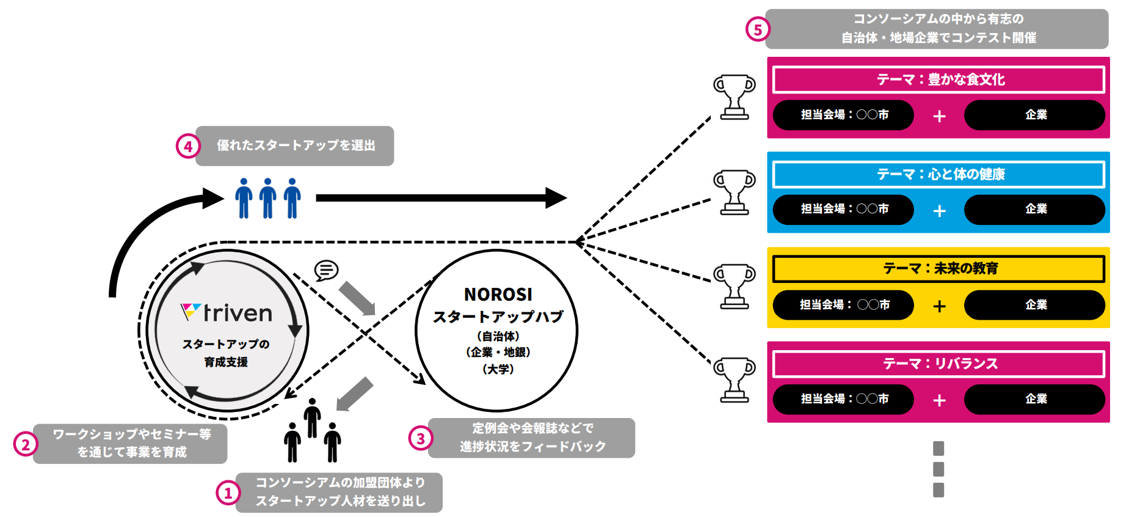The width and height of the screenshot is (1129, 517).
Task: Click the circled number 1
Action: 228,493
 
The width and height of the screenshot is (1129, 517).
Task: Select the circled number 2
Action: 25,444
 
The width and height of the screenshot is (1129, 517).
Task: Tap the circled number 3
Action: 421,438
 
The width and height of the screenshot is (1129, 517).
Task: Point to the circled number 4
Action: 188,146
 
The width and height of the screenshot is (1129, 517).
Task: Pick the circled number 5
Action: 758,29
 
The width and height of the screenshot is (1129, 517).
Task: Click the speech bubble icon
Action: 326,269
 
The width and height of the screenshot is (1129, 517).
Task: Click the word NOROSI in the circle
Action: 498,295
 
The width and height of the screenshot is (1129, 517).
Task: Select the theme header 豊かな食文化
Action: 938,80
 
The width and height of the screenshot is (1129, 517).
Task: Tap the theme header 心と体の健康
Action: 938,175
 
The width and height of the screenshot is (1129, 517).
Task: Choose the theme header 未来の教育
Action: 938,269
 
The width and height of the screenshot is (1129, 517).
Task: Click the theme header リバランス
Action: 938,364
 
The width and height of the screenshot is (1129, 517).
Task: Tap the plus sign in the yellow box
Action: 939,306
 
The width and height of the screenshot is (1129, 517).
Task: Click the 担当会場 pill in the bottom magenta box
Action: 843,399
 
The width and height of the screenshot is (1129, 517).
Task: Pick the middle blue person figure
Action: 267,198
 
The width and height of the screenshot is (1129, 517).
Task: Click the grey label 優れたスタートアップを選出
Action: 295,146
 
